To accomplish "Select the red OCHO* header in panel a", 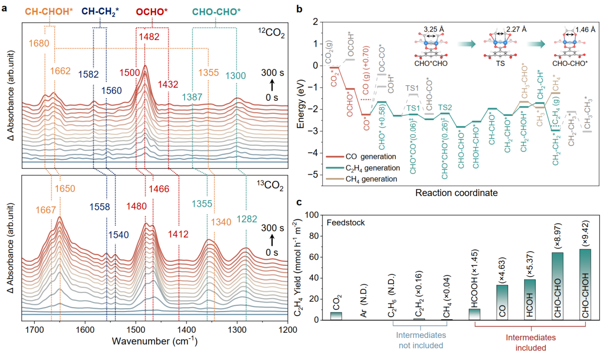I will tap(152, 10).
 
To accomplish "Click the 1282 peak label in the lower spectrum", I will tap(247, 219).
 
